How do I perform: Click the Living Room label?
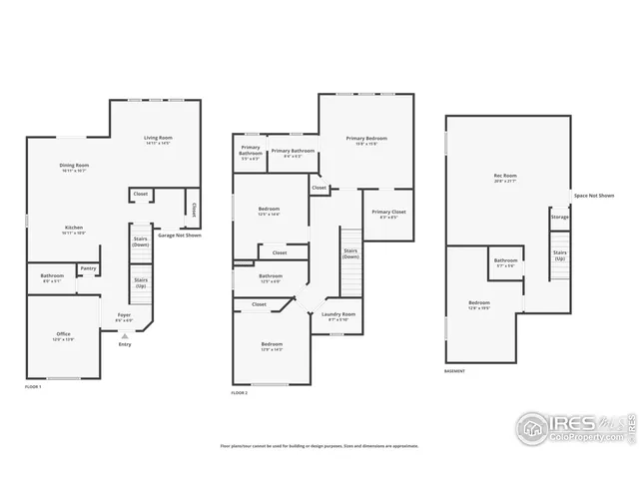pyautogui.click(x=158, y=141)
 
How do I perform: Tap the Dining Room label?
pyautogui.click(x=75, y=168)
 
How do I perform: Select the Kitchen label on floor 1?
pyautogui.click(x=74, y=230)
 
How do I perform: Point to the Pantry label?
pyautogui.click(x=89, y=267)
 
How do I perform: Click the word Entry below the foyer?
pyautogui.click(x=124, y=344)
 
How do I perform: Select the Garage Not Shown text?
pyautogui.click(x=180, y=236)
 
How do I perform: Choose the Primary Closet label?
pyautogui.click(x=388, y=214)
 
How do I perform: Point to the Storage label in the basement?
pyautogui.click(x=559, y=217)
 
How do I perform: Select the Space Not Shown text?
pyautogui.click(x=593, y=196)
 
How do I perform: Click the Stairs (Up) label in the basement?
pyautogui.click(x=560, y=255)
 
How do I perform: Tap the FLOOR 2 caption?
pyautogui.click(x=239, y=393)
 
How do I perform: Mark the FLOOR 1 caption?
pyautogui.click(x=33, y=386)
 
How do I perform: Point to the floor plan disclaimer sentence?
pyautogui.click(x=319, y=446)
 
